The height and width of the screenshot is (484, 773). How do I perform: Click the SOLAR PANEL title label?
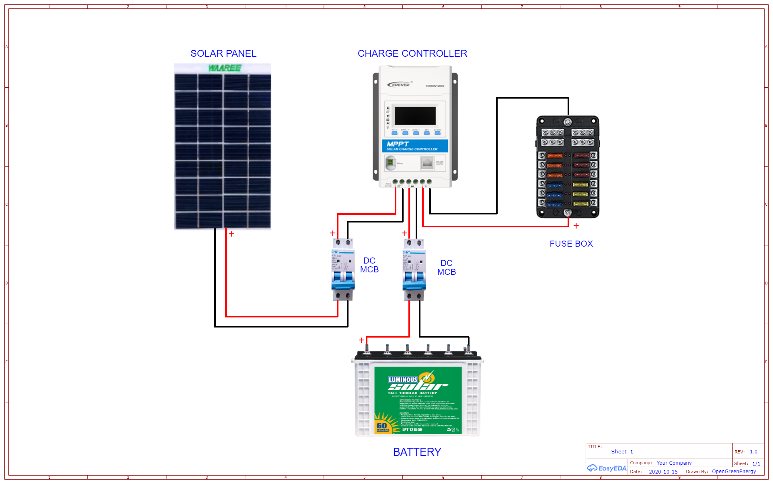pos(223,54)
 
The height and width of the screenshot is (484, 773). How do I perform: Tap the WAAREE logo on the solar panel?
pos(224,68)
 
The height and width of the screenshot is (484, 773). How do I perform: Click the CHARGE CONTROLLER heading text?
pos(412,54)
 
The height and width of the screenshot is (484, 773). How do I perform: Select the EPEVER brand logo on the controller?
pos(399,85)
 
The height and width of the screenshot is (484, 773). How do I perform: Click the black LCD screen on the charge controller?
pos(415,115)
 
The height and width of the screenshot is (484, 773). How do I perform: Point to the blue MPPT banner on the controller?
pos(414,146)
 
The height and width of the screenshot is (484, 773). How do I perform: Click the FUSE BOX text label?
pos(571,244)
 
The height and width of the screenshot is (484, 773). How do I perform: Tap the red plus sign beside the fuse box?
pos(576,226)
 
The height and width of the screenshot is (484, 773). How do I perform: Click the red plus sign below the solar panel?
pos(232,234)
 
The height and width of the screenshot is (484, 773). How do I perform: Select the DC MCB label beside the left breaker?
pos(369,265)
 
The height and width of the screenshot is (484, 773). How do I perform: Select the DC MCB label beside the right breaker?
pos(446,268)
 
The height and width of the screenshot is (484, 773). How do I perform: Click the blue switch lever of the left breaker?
pos(342,280)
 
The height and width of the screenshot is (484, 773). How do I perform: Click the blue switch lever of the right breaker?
pos(414,280)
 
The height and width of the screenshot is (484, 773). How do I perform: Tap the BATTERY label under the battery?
pos(417,452)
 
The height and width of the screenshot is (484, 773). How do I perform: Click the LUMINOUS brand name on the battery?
pos(402,379)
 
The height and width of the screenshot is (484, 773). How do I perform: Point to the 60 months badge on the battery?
pos(383,427)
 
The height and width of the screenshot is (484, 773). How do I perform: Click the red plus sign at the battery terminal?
pos(361,340)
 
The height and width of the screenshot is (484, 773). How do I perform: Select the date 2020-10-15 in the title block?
pos(663,472)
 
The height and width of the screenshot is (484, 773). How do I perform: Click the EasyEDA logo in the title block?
pos(607,468)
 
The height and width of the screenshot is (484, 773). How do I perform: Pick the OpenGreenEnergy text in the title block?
pos(734,472)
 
